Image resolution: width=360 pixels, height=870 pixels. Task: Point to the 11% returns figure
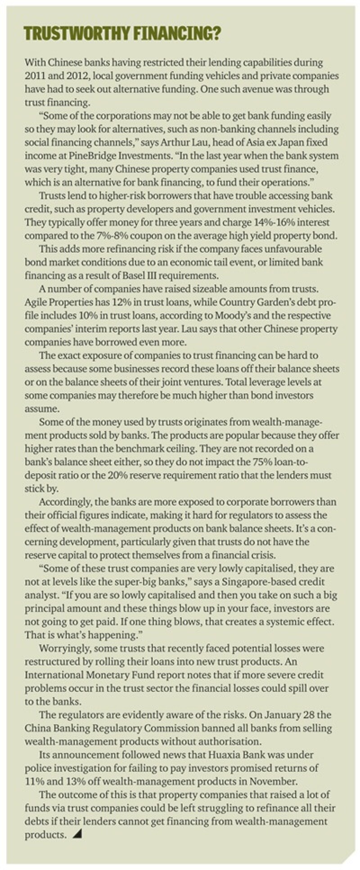33,781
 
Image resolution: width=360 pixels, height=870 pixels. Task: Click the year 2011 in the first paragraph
35,76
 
